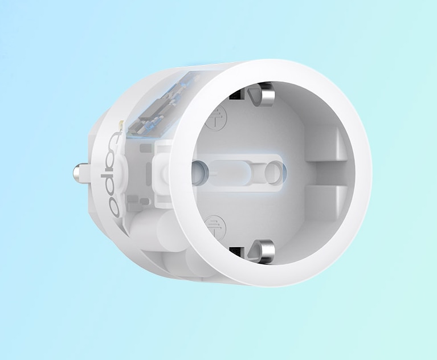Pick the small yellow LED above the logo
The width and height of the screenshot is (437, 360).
pos(121,124)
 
